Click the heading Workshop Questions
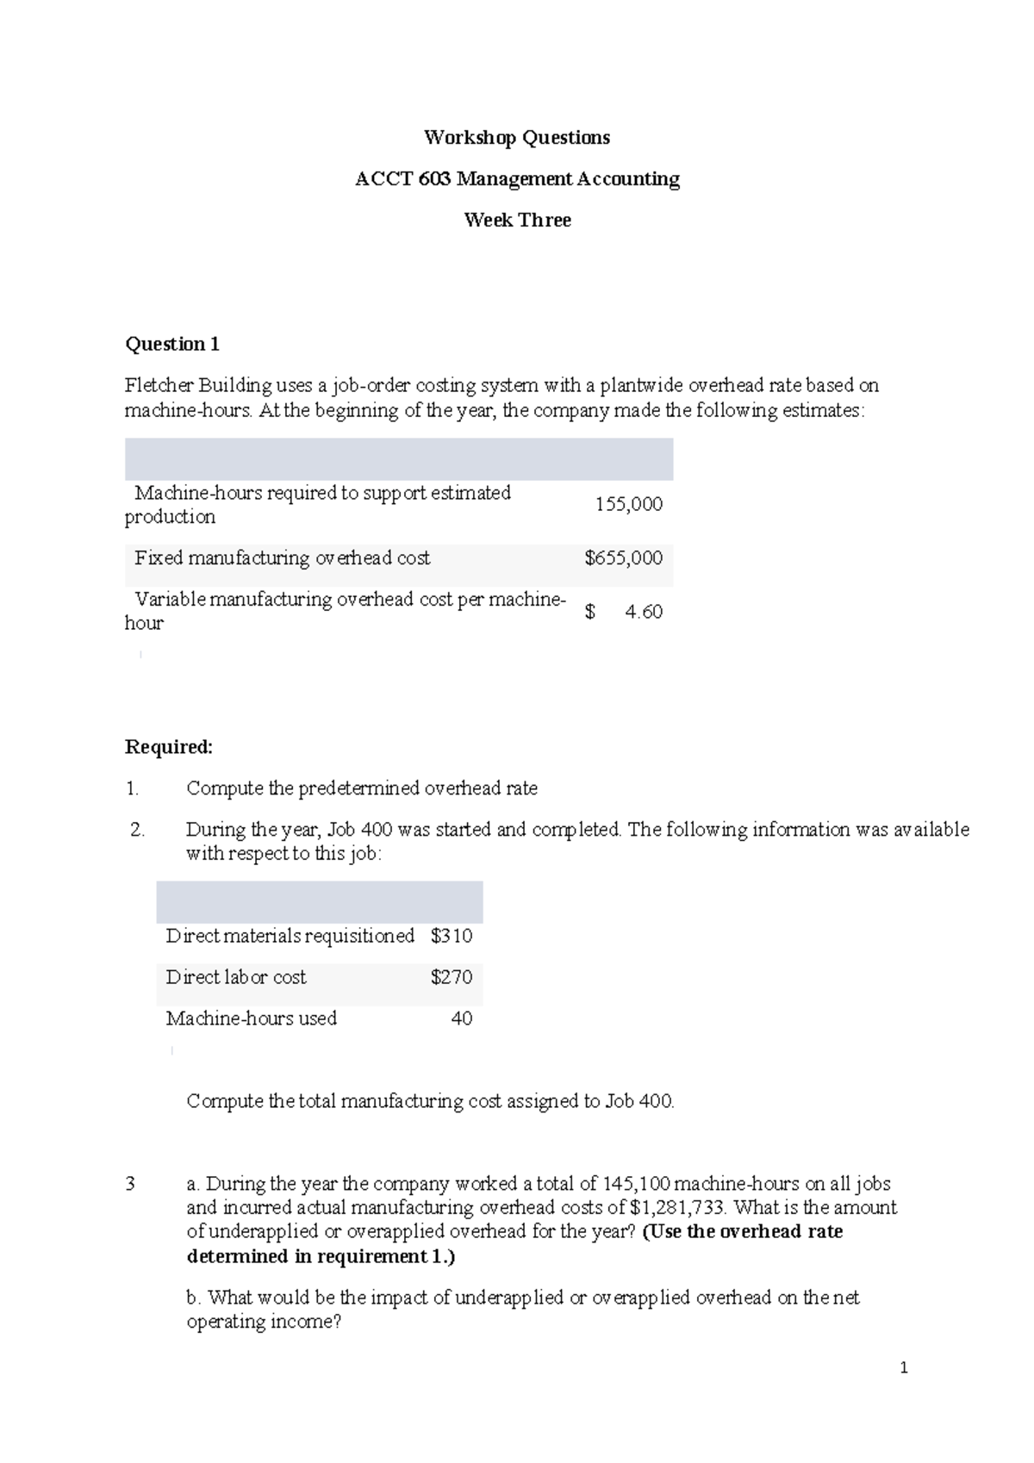click(516, 138)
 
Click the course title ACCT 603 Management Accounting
click(517, 179)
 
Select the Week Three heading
click(517, 221)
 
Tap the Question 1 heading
click(172, 345)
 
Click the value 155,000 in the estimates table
click(628, 505)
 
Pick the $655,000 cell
click(623, 558)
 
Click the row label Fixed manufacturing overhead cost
click(282, 558)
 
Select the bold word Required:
click(168, 747)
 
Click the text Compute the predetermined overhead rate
click(362, 788)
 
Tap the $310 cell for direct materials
click(452, 936)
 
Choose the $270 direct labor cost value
click(452, 977)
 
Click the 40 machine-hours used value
click(462, 1018)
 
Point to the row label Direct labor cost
click(235, 977)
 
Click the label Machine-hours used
click(251, 1018)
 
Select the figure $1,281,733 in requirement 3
click(677, 1208)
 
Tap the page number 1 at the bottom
click(903, 1367)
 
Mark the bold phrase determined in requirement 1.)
click(321, 1256)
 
